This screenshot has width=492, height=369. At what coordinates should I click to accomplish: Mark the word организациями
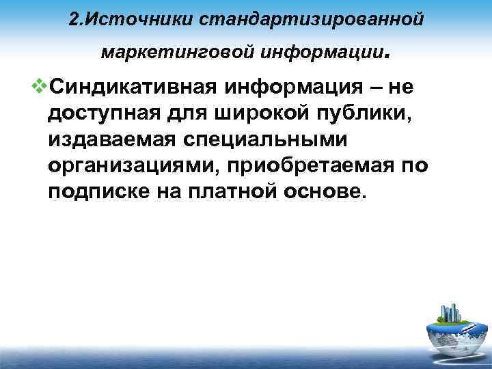[x=130, y=166]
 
